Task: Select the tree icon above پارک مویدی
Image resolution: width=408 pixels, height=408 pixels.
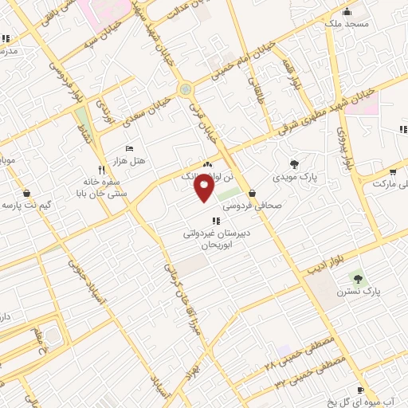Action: [x=295, y=164]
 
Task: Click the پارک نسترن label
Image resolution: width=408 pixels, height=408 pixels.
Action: [x=360, y=292]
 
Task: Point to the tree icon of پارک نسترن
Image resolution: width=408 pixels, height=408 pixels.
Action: [x=357, y=279]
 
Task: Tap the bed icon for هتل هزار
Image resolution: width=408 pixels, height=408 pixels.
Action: [x=131, y=148]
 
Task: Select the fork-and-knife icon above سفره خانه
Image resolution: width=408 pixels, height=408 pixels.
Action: [x=101, y=170]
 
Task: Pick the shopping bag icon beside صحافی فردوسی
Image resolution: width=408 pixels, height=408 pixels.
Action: [x=252, y=192]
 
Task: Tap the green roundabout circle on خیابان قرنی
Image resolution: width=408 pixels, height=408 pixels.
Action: [x=186, y=89]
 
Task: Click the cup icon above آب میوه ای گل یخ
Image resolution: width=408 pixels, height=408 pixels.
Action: [x=360, y=390]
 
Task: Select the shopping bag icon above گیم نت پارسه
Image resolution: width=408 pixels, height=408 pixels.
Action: [x=27, y=192]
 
